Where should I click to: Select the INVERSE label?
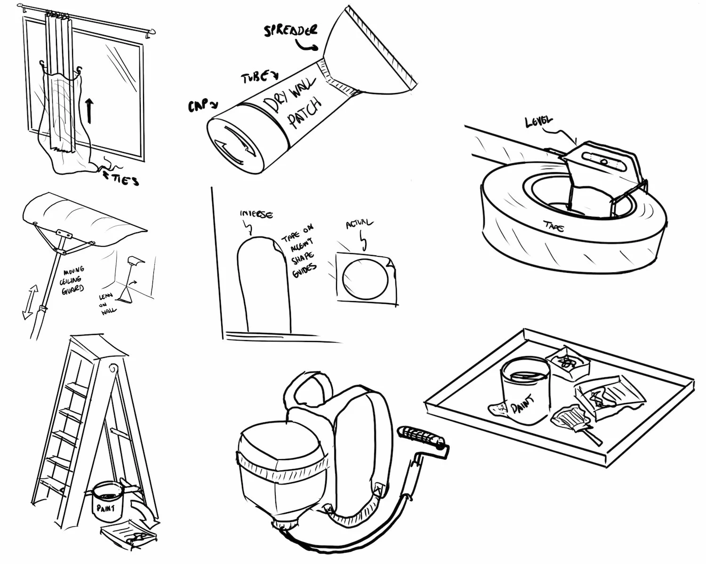point(256,214)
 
